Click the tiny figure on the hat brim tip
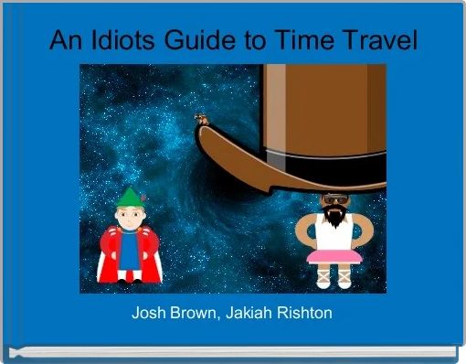click(199, 117)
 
